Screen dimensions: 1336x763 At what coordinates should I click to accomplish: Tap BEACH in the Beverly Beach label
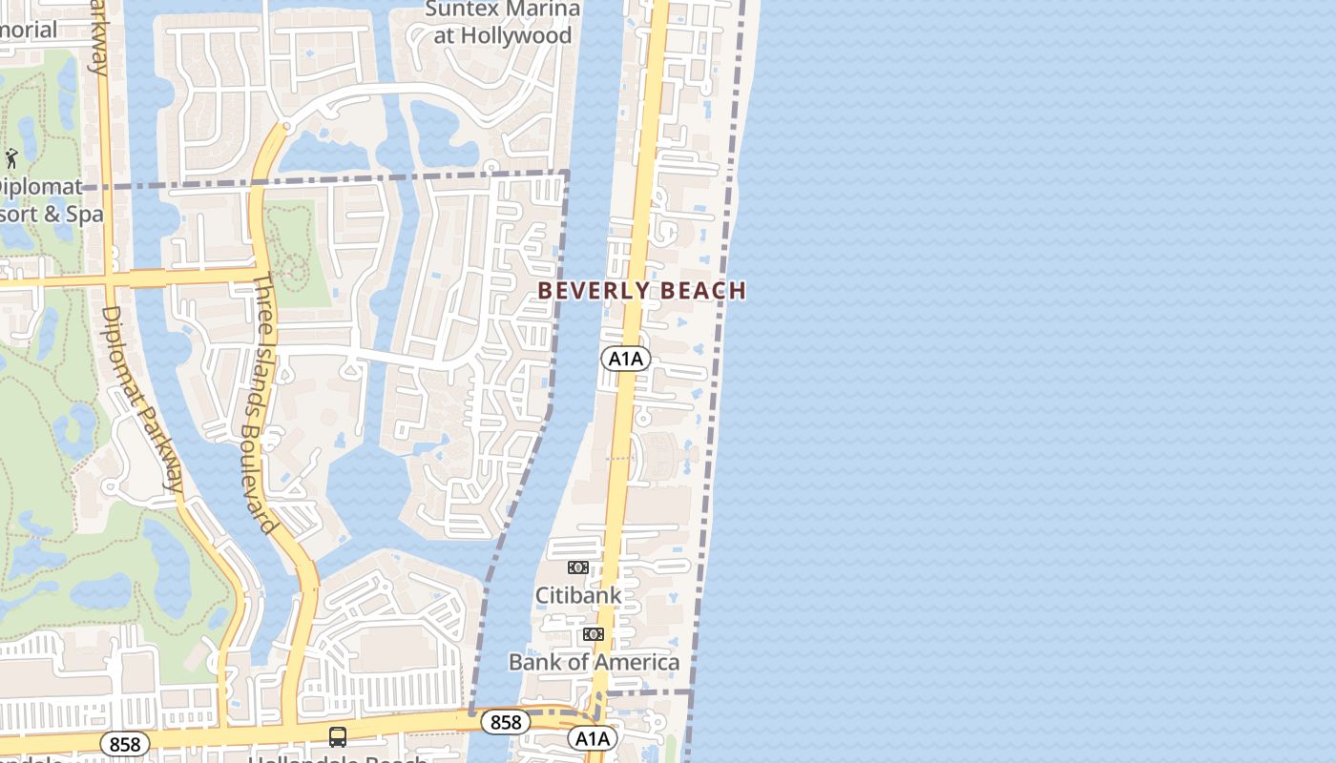tap(702, 290)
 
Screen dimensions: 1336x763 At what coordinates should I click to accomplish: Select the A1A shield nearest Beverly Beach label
tap(625, 359)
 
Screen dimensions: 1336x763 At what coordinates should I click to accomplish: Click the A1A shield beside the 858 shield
tap(592, 738)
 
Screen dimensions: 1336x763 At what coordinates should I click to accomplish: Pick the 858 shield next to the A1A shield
tap(505, 722)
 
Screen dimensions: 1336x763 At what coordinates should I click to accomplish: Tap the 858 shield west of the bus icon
tap(125, 744)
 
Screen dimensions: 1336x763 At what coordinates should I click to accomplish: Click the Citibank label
tap(577, 595)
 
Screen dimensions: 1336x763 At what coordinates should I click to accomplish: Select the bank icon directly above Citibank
tap(577, 567)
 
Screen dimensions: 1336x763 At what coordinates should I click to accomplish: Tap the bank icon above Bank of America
tap(593, 634)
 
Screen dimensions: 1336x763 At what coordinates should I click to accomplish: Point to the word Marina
tap(541, 10)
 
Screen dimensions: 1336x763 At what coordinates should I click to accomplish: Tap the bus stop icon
tap(338, 736)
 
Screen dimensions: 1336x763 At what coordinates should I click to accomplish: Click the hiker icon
tap(11, 158)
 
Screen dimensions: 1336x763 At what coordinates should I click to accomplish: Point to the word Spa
tap(84, 214)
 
